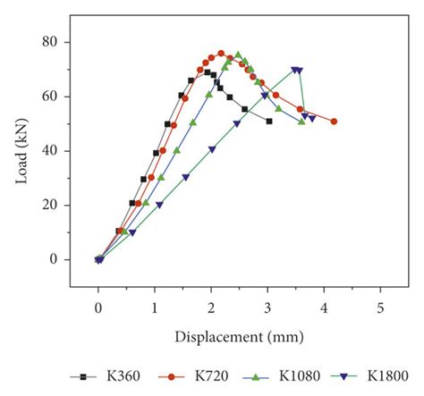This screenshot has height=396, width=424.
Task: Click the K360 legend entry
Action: pos(97,376)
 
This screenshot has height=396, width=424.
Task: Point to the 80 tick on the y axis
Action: pos(55,42)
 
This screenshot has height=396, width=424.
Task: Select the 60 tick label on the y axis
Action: pos(55,97)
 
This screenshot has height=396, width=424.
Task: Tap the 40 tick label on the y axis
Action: pos(55,150)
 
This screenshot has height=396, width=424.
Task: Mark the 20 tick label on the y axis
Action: pos(55,205)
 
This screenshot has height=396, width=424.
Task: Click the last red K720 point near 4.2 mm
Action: pos(334,122)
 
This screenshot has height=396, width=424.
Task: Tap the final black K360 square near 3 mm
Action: pos(269,122)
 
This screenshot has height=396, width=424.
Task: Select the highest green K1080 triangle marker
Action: pos(238,55)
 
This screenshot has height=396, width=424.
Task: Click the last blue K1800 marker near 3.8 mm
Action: pos(312,118)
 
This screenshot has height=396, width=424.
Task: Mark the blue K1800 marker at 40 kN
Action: pos(212,149)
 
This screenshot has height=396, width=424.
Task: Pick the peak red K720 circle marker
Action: pos(220,54)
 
